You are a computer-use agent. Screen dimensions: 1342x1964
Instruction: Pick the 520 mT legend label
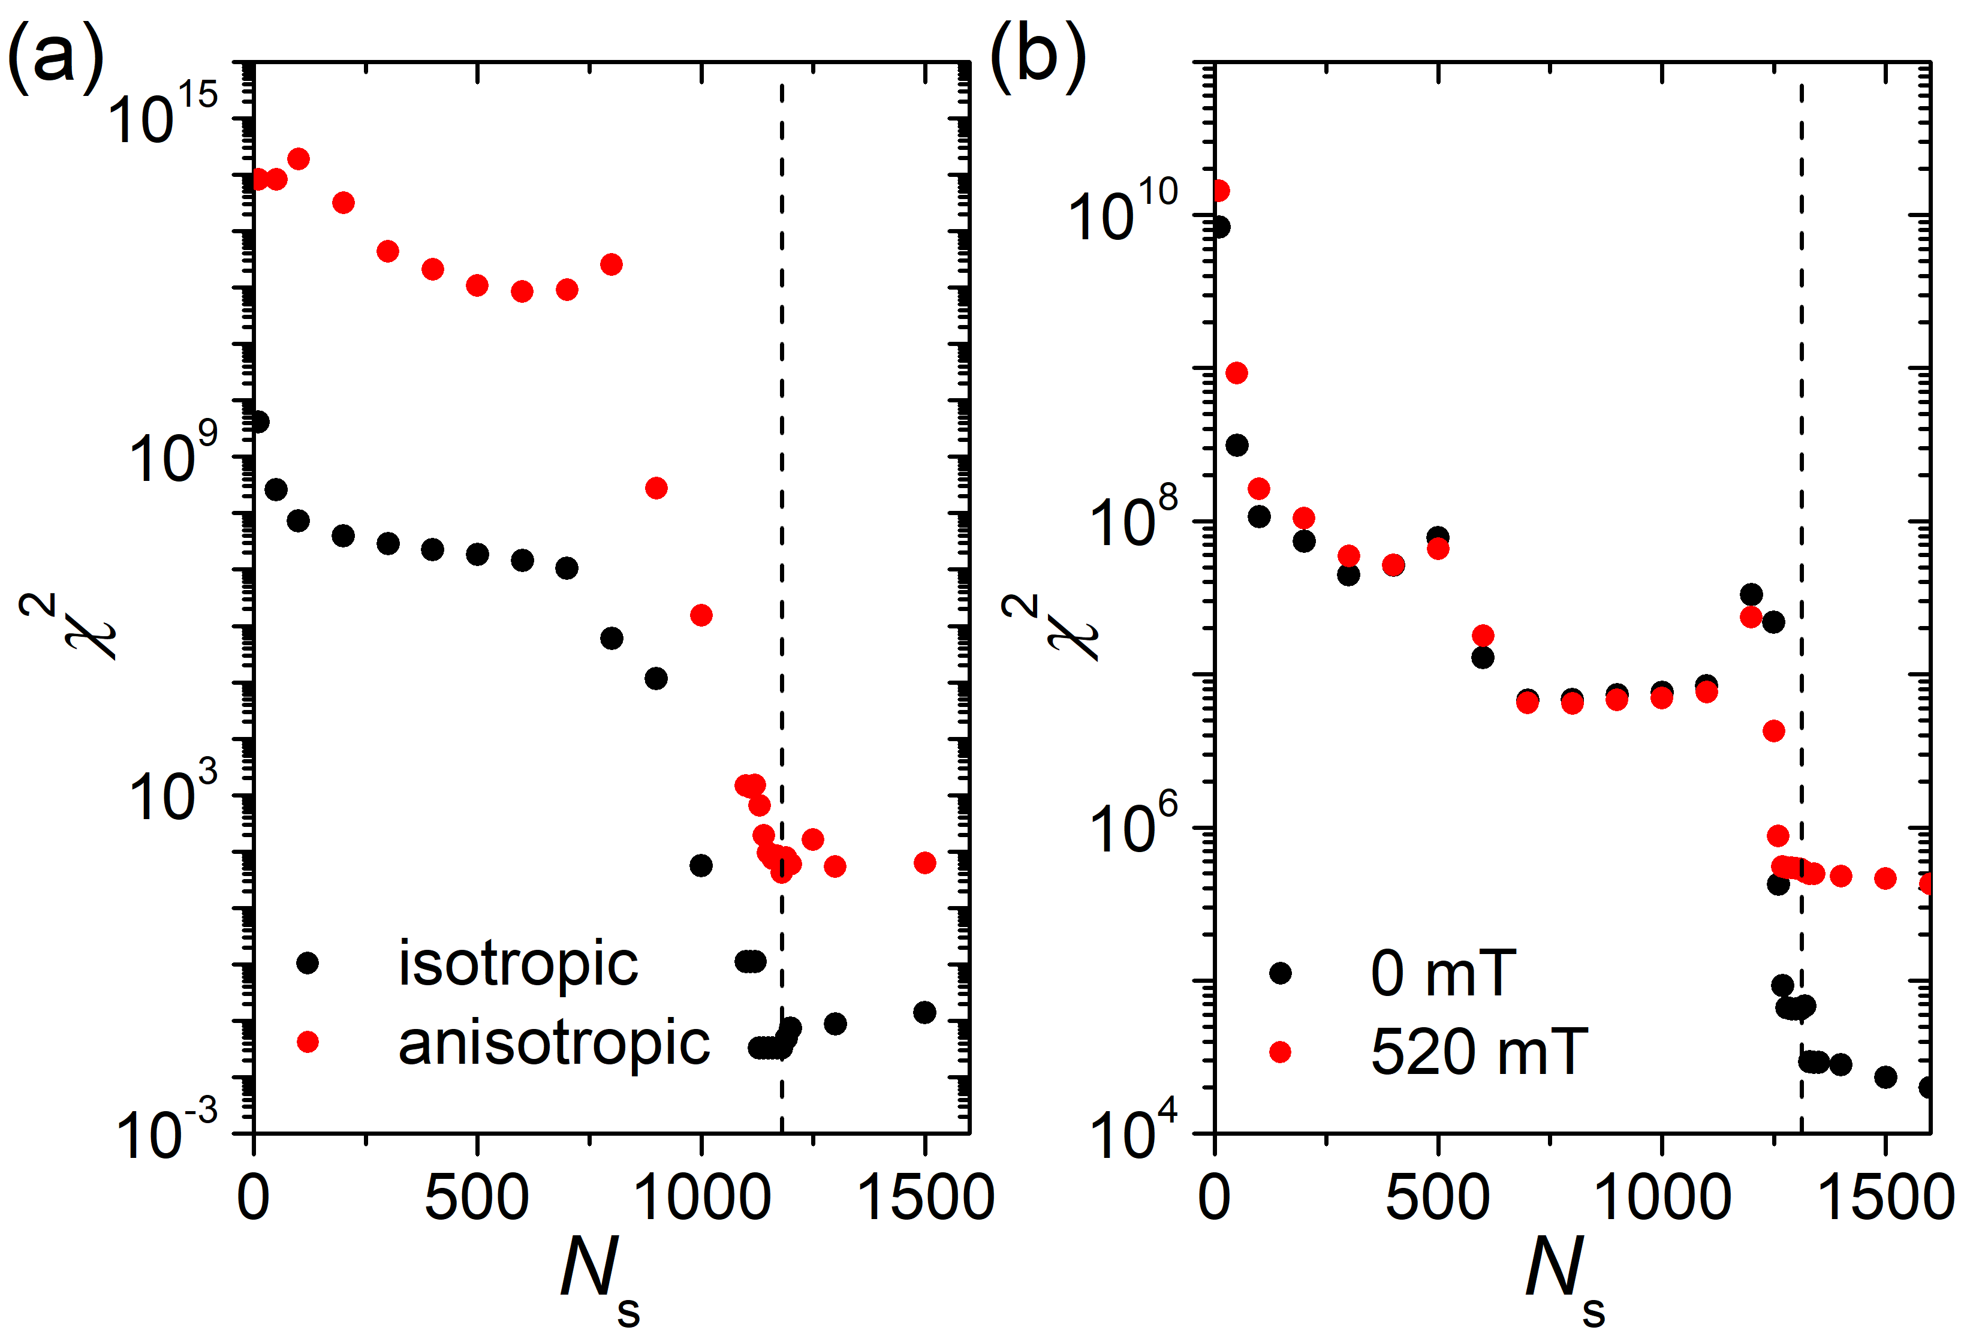pyautogui.click(x=1479, y=1052)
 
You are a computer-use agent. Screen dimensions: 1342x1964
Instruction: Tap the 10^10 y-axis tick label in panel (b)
pyautogui.click(x=1124, y=211)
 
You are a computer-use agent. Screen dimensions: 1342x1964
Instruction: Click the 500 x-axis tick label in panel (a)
pyautogui.click(x=477, y=1198)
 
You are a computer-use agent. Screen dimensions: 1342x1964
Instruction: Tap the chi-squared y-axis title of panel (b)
pyautogui.click(x=1048, y=626)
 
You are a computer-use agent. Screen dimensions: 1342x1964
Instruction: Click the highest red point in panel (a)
pyautogui.click(x=299, y=159)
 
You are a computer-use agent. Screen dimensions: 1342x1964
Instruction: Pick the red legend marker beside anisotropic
pyautogui.click(x=308, y=1042)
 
